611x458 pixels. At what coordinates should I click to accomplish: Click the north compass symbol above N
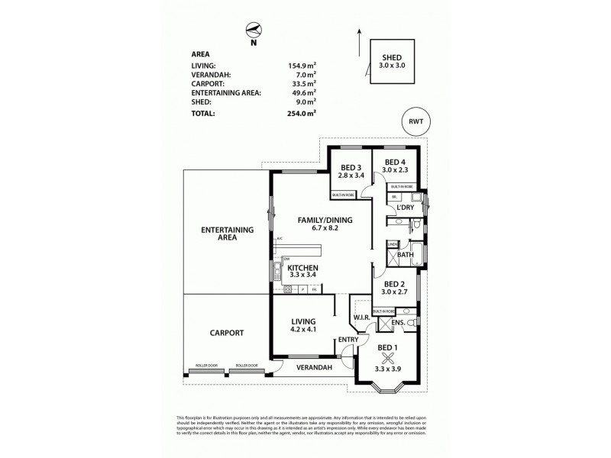pyautogui.click(x=254, y=31)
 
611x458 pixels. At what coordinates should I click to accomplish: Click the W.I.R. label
pyautogui.click(x=361, y=318)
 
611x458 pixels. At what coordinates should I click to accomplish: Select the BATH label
pyautogui.click(x=405, y=254)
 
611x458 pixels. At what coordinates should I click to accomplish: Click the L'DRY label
pyautogui.click(x=405, y=206)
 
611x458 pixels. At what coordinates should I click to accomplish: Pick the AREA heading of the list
pyautogui.click(x=202, y=54)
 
